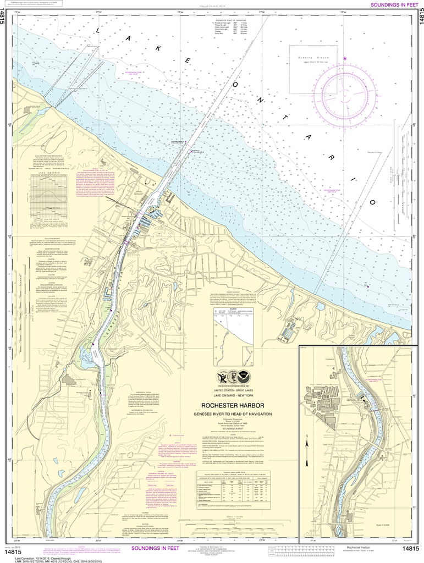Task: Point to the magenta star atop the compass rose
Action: [x=345, y=58]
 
